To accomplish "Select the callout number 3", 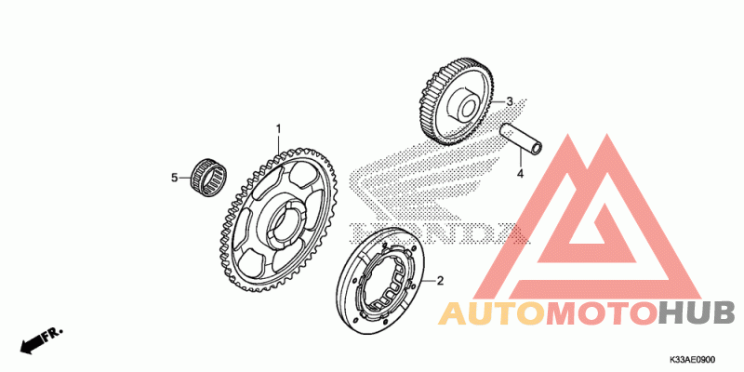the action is point(510,101).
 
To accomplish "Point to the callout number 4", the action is point(521,173).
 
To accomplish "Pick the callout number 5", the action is point(173,176).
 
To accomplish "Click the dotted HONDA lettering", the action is point(428,234).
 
